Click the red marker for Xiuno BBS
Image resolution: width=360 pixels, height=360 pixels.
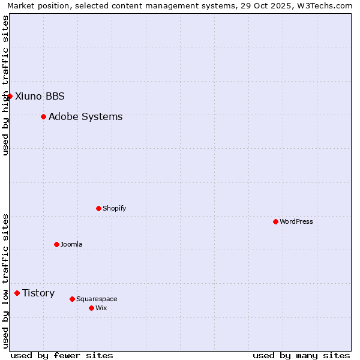tap(10, 96)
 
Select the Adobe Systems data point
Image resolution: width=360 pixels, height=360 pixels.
tap(43, 116)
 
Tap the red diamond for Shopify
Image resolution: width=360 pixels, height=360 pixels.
tap(98, 208)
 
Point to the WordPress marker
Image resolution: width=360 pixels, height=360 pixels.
tap(275, 221)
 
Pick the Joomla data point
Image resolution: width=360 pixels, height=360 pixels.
tap(56, 244)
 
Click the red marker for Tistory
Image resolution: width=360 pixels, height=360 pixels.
tap(17, 293)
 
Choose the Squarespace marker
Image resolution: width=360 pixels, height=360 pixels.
tap(72, 299)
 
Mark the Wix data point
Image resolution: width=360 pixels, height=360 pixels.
tap(91, 308)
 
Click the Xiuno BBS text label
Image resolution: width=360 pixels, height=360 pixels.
tap(40, 96)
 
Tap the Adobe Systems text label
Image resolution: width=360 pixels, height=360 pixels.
tap(85, 116)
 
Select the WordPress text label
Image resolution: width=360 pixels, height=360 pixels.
tap(296, 221)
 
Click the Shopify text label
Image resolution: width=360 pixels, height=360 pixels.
tap(114, 208)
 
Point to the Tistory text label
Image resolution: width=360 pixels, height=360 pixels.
tap(38, 293)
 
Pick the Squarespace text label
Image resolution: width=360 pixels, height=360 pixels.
tap(97, 299)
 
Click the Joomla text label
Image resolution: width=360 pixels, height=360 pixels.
tap(71, 244)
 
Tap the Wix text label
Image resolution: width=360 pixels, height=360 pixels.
tap(101, 308)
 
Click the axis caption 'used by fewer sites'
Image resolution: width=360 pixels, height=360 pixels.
tap(62, 355)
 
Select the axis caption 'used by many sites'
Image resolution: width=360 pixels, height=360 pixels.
tap(301, 355)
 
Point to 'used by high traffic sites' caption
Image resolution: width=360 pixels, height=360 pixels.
tap(6, 86)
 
